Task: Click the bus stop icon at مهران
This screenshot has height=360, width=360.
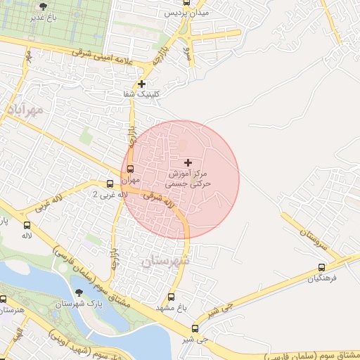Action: point(130,169)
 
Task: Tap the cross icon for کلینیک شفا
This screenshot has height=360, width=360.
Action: point(142,84)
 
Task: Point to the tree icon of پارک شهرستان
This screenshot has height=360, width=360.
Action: point(77,293)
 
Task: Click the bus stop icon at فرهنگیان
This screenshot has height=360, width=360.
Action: point(322,267)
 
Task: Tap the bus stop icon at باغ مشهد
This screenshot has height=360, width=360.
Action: point(172,297)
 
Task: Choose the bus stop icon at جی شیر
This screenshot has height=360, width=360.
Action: point(195,328)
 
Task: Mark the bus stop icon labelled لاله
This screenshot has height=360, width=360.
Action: point(27,226)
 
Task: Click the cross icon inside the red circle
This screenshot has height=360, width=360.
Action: point(187,162)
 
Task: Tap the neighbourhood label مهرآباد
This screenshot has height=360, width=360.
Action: point(25,110)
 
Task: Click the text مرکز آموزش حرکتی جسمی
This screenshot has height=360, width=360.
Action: point(188,176)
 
